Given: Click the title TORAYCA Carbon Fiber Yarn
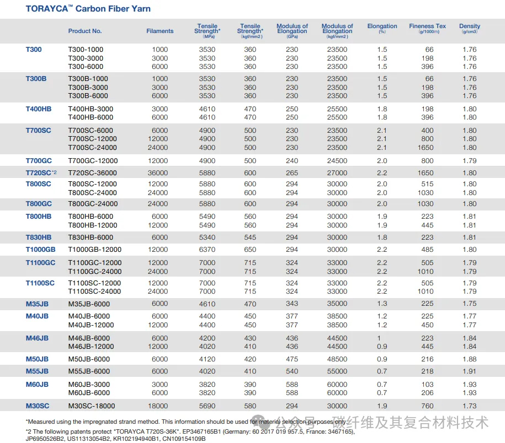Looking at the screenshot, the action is (88, 9).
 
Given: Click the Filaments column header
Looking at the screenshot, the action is (160, 31).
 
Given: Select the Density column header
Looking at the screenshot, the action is (470, 28).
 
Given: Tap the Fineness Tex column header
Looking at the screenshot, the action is (427, 28).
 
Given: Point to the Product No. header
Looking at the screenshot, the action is (85, 31).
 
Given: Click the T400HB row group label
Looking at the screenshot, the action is (39, 109).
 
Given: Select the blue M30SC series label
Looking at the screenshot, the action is (38, 406).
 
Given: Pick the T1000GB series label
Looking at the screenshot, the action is (41, 250).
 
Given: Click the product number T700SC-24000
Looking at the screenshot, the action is (92, 148).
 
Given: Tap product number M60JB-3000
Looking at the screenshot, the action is (89, 384).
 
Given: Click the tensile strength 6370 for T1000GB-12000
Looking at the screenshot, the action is (207, 250).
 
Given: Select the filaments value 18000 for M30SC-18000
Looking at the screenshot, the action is (158, 406).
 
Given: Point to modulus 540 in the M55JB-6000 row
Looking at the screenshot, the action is (292, 371).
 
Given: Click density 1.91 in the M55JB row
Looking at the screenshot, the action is (470, 371).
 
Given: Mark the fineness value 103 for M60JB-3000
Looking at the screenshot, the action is (427, 384).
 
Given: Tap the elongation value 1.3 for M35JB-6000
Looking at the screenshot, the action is (382, 304).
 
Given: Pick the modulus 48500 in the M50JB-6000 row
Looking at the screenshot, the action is (337, 359).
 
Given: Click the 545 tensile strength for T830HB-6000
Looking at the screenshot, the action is (250, 237).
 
